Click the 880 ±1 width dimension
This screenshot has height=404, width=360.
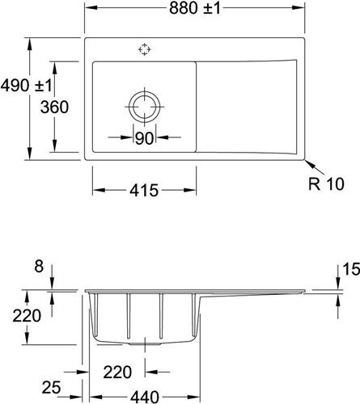195,8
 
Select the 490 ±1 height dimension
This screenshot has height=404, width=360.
26,86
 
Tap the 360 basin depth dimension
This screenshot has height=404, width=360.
54,107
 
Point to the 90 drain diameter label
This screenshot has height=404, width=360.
144,138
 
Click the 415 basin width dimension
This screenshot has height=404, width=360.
144,191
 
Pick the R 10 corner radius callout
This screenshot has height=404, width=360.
326,183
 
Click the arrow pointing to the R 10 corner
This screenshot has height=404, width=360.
315,167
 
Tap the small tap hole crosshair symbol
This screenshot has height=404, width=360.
144,49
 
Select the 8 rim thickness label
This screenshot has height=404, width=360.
39,267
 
